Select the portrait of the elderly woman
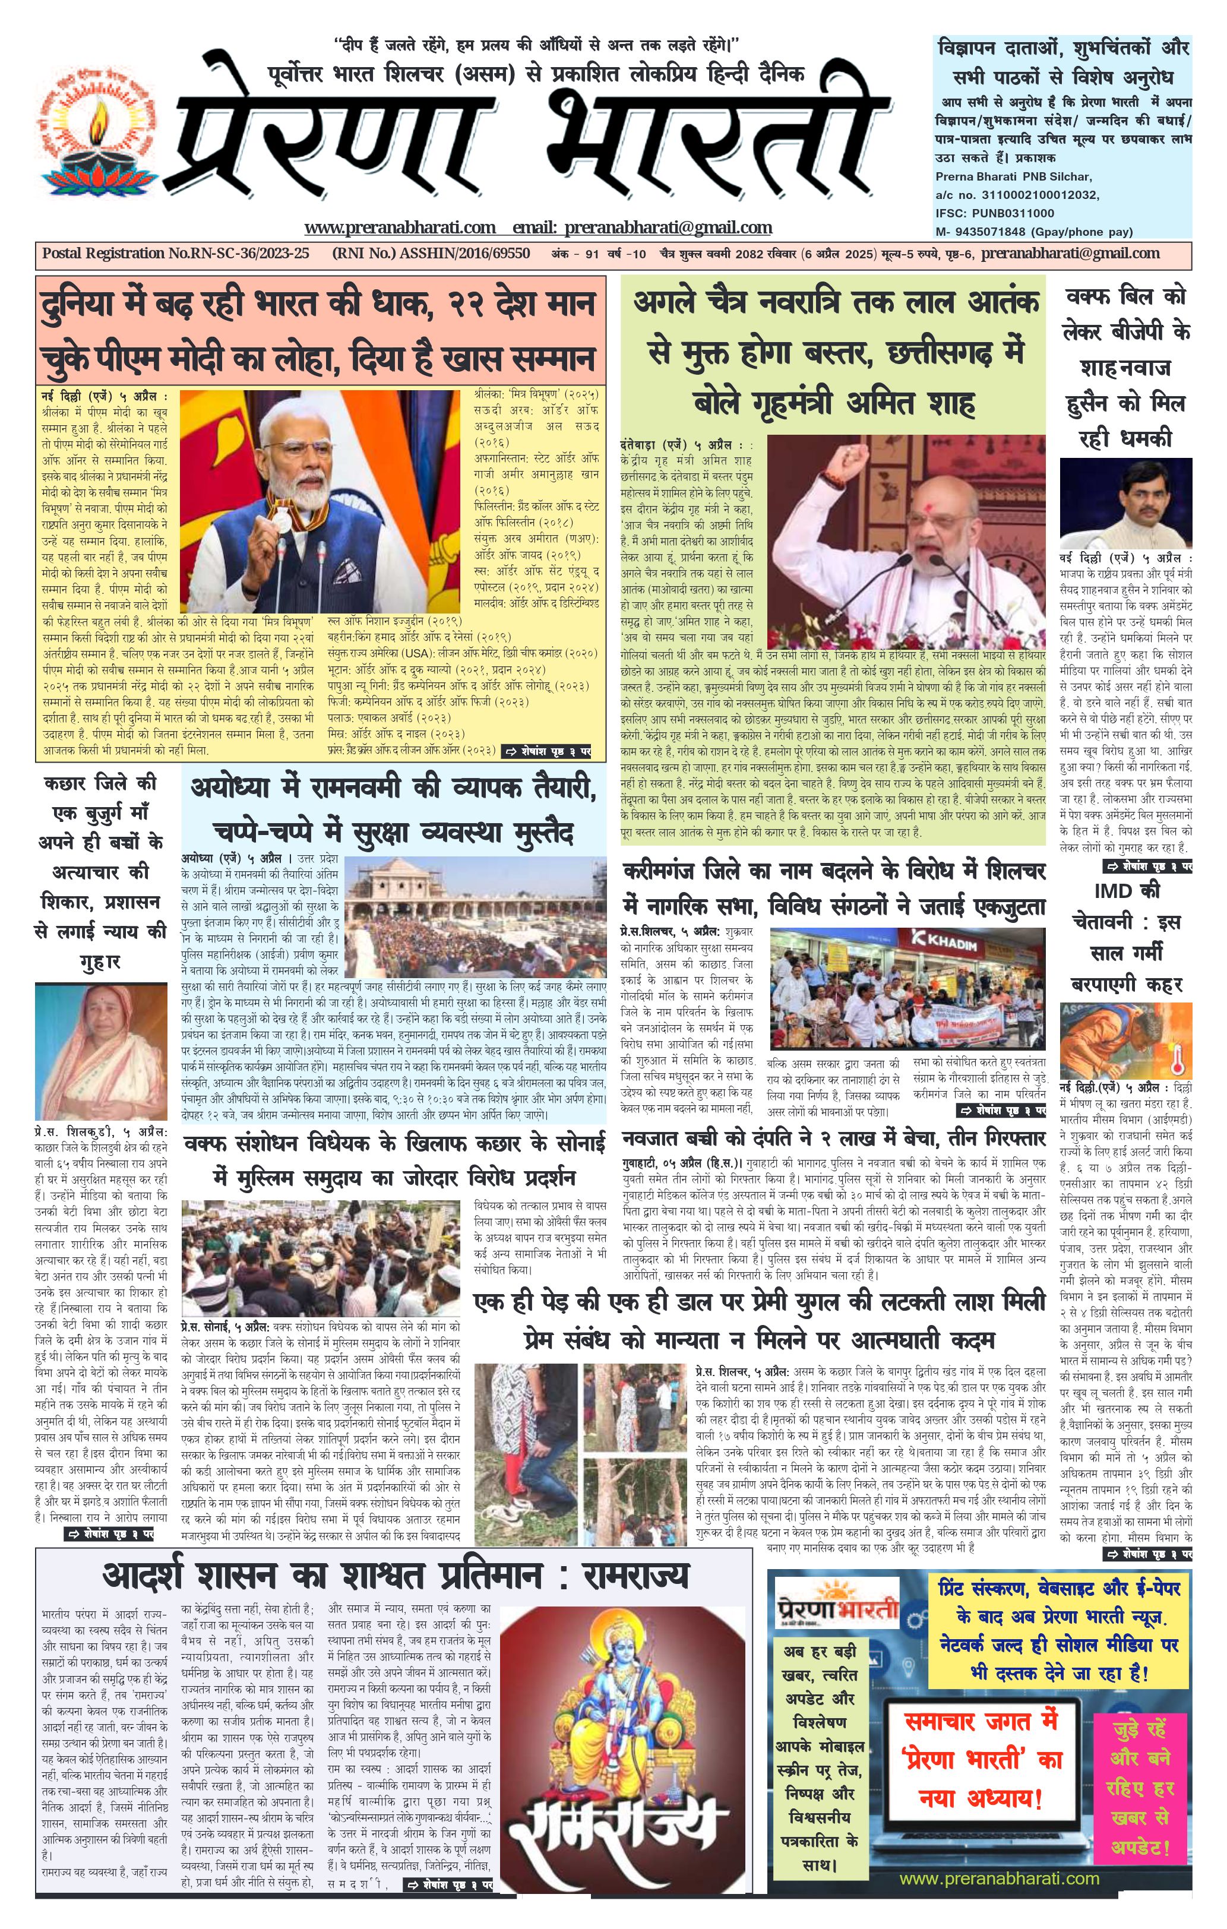point(100,1051)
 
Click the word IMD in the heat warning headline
point(1117,890)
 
